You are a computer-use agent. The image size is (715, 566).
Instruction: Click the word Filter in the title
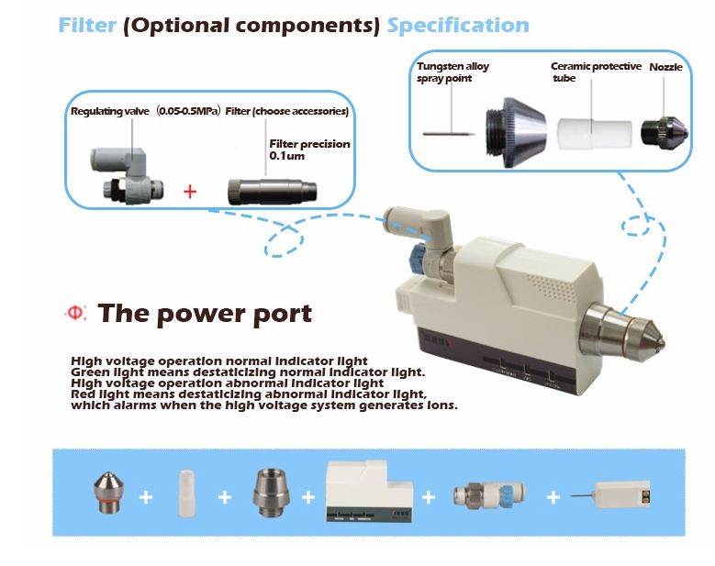[x=88, y=25]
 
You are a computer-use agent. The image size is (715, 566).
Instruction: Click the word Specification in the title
[x=457, y=25]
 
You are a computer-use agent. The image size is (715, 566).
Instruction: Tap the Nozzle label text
[x=665, y=68]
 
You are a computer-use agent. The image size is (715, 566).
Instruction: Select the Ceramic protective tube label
[x=595, y=72]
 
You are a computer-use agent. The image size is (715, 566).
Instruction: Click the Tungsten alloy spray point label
[x=452, y=72]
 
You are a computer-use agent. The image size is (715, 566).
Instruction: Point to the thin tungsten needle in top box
[x=449, y=134]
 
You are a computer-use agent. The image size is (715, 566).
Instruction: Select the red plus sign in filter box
[x=191, y=192]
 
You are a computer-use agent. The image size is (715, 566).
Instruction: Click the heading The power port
[x=205, y=314]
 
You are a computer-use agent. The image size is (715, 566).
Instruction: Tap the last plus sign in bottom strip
[x=553, y=496]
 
